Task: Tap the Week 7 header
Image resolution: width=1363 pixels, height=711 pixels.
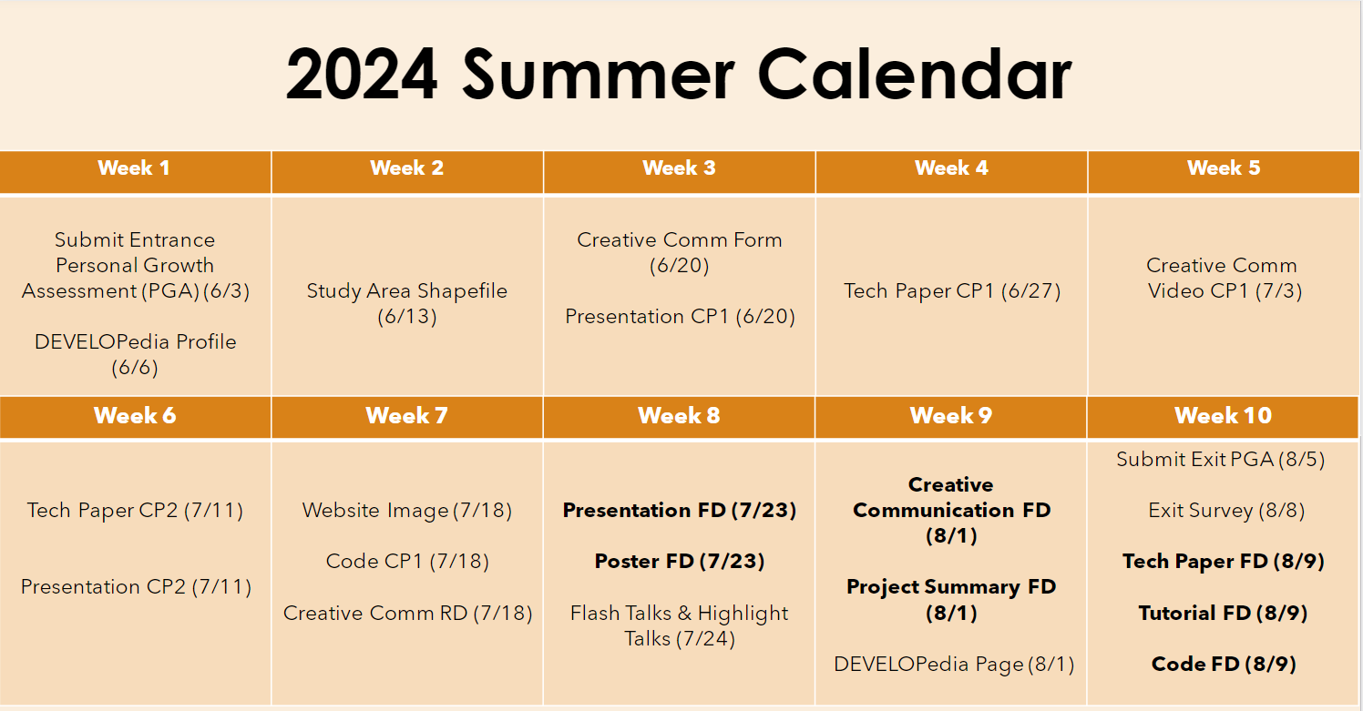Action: (x=406, y=416)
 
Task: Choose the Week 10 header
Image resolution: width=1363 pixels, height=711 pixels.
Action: (x=1223, y=416)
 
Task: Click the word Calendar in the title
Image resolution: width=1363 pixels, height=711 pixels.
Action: (x=915, y=75)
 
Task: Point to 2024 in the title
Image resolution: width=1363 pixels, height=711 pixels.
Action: (x=362, y=75)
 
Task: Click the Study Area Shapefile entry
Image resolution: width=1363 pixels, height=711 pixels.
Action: (x=406, y=303)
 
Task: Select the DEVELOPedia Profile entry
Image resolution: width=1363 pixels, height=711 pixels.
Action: (x=135, y=354)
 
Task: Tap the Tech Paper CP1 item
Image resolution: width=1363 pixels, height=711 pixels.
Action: (x=952, y=291)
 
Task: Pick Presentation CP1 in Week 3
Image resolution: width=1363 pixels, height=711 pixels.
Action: (x=680, y=317)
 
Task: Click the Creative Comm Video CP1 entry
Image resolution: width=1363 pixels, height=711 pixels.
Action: (x=1223, y=279)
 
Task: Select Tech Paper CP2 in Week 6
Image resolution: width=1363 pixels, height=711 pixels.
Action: (x=135, y=511)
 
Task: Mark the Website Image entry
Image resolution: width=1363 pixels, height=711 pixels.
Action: (x=407, y=511)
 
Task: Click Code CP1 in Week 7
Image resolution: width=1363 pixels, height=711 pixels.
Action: (x=407, y=562)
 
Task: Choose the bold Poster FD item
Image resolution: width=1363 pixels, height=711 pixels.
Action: (x=680, y=562)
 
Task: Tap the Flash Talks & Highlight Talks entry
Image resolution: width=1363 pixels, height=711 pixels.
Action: (x=680, y=625)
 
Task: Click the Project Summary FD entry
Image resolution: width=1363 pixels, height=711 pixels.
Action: (x=952, y=600)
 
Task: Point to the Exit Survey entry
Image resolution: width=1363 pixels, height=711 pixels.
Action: (x=1226, y=511)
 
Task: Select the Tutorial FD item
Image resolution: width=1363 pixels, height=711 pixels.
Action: (x=1223, y=613)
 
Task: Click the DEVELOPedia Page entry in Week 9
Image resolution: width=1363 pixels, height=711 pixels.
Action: (x=954, y=665)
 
